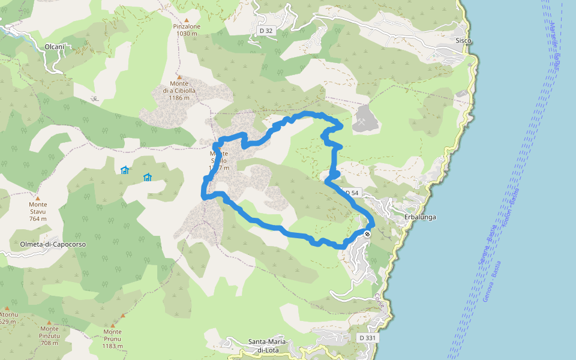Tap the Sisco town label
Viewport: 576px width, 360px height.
point(463,41)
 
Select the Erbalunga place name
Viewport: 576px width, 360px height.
point(419,217)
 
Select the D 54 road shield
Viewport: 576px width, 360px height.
point(352,193)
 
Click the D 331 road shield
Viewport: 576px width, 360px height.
point(368,338)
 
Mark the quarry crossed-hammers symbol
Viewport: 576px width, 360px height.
point(363,121)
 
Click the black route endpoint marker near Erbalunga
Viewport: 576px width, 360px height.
point(367,233)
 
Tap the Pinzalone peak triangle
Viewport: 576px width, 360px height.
point(186,20)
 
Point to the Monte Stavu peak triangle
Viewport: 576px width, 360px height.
point(37,197)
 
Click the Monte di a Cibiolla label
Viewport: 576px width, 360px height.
point(179,91)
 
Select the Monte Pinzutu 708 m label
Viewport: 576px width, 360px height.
point(49,335)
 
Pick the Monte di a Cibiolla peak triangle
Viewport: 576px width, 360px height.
point(179,76)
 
